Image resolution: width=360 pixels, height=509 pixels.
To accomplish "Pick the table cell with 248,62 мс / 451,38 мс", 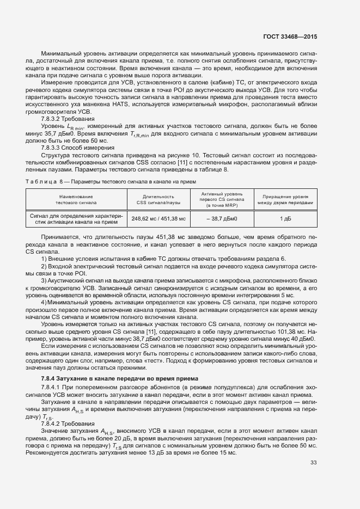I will click(158, 219).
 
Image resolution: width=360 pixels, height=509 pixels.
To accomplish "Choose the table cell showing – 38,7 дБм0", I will click(222, 219).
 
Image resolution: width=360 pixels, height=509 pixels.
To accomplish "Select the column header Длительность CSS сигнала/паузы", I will click(158, 199).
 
